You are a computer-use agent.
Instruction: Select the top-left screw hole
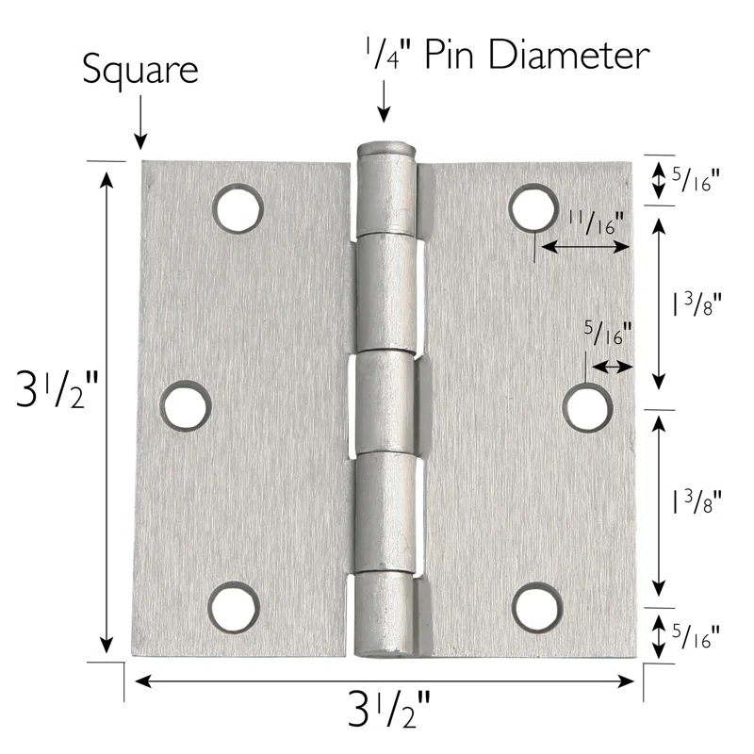click(x=236, y=206)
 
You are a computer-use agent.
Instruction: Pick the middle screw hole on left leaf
click(x=185, y=405)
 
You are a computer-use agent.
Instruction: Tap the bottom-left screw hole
click(x=232, y=606)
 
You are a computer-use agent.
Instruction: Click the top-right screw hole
click(x=533, y=207)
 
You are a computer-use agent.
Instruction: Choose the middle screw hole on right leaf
click(x=587, y=408)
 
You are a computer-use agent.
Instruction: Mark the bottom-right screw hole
click(x=535, y=606)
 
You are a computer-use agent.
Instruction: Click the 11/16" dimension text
click(x=597, y=221)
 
